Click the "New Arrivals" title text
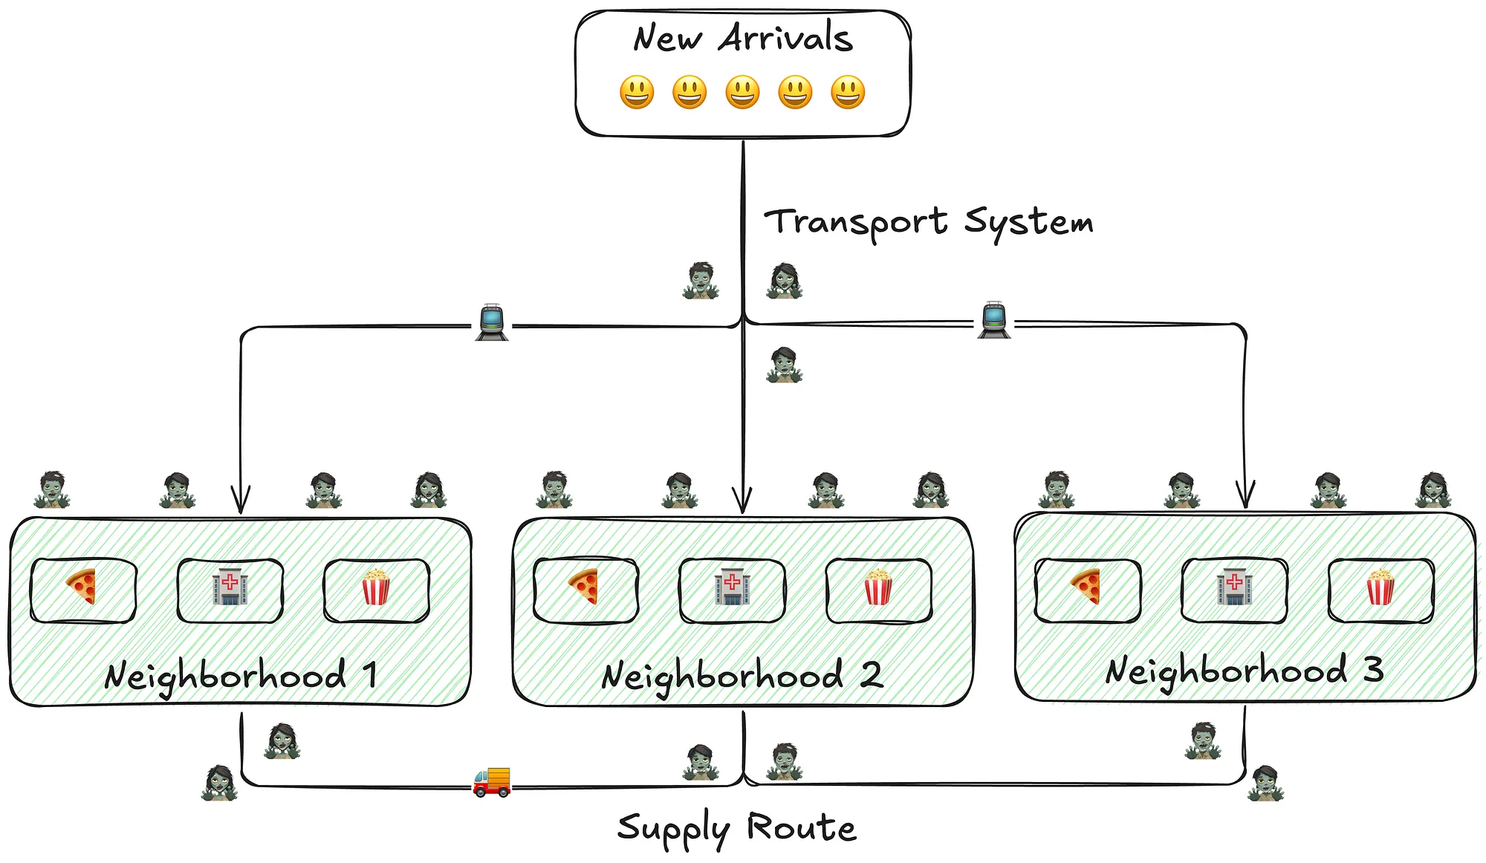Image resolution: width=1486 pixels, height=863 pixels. click(742, 38)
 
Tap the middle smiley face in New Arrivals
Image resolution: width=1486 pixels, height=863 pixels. click(742, 92)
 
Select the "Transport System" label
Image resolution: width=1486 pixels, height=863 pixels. click(929, 222)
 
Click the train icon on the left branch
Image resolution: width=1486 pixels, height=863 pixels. click(492, 322)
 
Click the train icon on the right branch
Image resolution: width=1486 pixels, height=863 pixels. click(994, 319)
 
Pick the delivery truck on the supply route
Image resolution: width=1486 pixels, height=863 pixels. click(492, 782)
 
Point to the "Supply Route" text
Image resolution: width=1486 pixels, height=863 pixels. click(736, 828)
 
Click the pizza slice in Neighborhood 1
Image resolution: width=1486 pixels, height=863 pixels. click(82, 587)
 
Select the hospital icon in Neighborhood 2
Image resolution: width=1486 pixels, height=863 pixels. click(732, 587)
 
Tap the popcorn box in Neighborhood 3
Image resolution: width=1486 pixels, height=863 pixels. click(1380, 587)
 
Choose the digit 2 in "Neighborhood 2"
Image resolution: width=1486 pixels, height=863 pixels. click(871, 674)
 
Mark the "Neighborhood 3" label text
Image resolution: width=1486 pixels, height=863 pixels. click(1245, 671)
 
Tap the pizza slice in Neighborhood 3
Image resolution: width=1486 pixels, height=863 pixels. click(1086, 587)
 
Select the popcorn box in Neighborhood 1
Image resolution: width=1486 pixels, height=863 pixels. click(375, 587)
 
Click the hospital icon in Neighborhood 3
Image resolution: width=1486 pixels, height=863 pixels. click(1234, 587)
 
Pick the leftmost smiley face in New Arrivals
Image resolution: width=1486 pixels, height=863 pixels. click(637, 92)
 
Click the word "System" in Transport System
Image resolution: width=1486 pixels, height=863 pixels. click(1028, 222)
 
